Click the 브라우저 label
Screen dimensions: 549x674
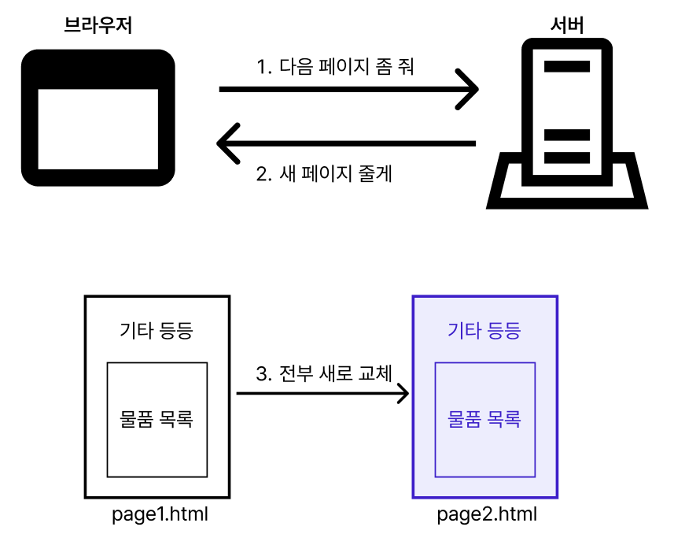click(x=98, y=26)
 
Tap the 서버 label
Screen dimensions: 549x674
click(x=566, y=26)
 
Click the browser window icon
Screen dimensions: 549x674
click(x=98, y=118)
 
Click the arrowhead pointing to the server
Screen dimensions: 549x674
click(x=470, y=89)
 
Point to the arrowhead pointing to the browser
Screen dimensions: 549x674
click(x=226, y=143)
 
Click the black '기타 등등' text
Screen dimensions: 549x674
click(x=156, y=330)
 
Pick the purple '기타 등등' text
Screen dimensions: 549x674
click(x=484, y=330)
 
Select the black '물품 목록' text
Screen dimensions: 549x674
click(x=156, y=417)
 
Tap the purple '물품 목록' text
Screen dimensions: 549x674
click(x=484, y=417)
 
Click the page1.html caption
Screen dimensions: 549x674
click(x=160, y=515)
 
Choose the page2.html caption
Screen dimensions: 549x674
click(x=487, y=515)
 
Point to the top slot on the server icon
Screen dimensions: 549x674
click(x=567, y=66)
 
